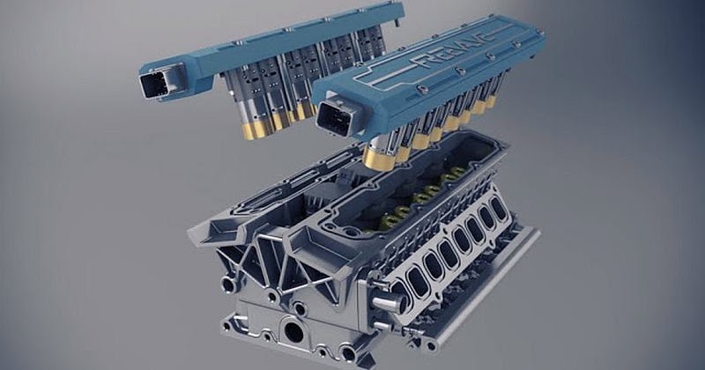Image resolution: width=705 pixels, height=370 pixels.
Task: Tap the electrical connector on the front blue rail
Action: coord(337,118)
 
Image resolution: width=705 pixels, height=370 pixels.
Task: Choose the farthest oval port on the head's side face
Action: coord(499,209)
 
